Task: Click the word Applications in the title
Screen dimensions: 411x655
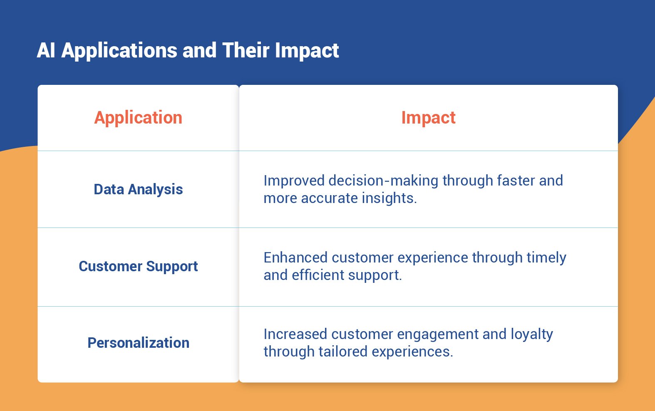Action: (x=120, y=51)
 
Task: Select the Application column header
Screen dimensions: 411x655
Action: (x=138, y=118)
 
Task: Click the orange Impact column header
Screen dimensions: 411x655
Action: (x=428, y=118)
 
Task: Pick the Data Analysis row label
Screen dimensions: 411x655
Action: (x=138, y=189)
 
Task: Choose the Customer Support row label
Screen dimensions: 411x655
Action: (x=138, y=266)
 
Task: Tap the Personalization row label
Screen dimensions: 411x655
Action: (x=138, y=343)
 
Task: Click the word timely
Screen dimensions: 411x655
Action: (x=546, y=257)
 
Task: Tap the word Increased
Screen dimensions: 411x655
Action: (x=295, y=334)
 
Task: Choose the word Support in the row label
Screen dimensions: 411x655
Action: (x=172, y=266)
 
